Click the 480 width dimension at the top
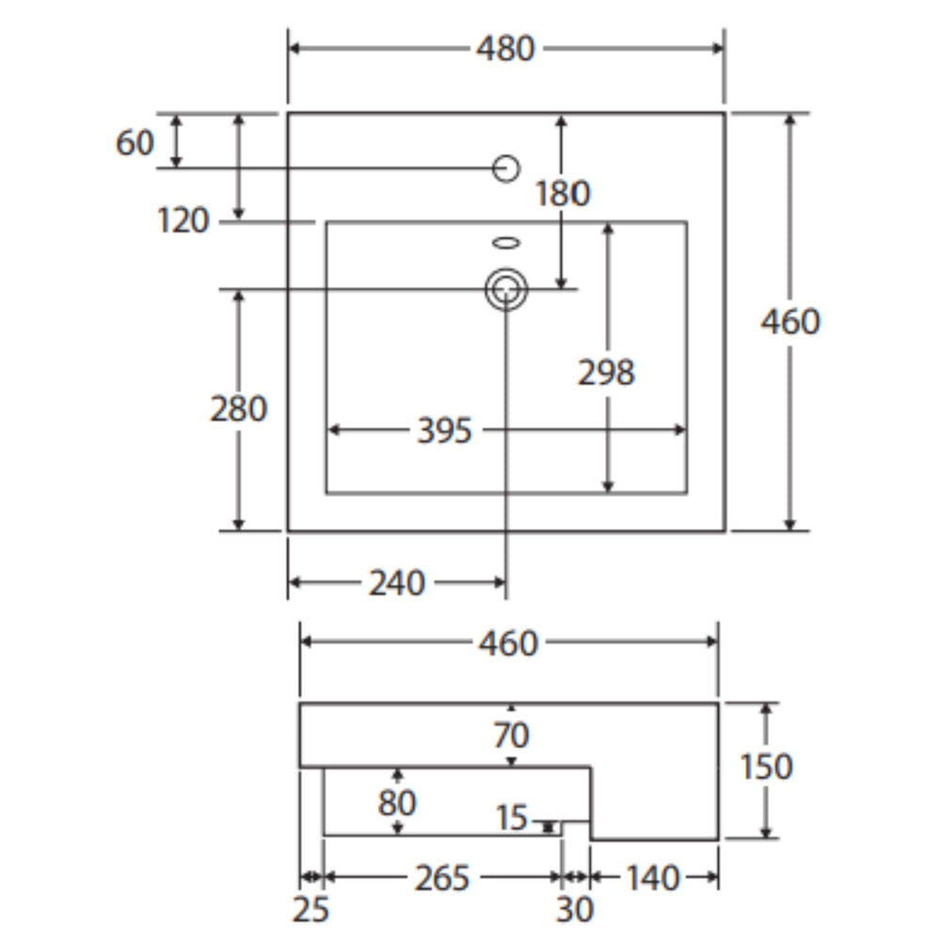(x=505, y=49)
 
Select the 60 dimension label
(x=135, y=143)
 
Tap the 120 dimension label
(x=183, y=220)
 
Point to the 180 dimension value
(x=563, y=193)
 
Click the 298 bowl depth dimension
(x=606, y=373)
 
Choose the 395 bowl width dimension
(x=445, y=431)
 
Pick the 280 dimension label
(x=238, y=409)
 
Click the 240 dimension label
(x=397, y=582)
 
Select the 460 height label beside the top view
(x=790, y=322)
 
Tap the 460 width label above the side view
(x=508, y=644)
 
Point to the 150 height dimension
(x=766, y=766)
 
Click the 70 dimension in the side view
(x=511, y=735)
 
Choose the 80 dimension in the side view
(x=397, y=803)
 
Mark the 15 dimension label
(x=512, y=818)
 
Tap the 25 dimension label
(x=311, y=909)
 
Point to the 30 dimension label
(x=574, y=909)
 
